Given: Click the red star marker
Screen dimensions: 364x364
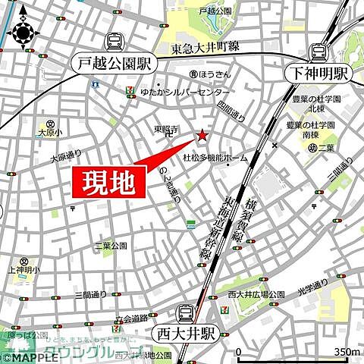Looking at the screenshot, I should [x=202, y=136].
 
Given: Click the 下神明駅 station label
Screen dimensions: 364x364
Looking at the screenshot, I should [x=320, y=74].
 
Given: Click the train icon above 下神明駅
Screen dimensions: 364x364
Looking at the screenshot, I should [x=318, y=52].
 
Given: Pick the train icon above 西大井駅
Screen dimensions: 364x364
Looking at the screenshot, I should [x=185, y=311].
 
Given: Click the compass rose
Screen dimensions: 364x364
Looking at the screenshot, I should [x=24, y=33].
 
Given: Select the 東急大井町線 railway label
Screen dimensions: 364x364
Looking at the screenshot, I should [x=205, y=47].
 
